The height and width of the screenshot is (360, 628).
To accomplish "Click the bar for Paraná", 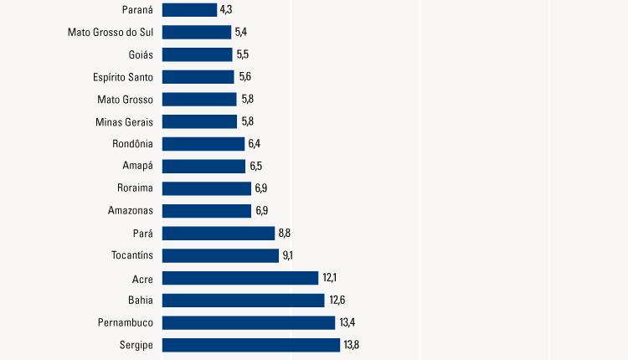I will pyautogui.click(x=189, y=10).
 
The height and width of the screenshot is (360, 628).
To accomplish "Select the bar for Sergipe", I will pyautogui.click(x=251, y=345).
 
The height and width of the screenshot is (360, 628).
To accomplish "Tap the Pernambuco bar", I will pyautogui.click(x=249, y=322).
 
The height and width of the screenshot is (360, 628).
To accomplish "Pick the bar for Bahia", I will pyautogui.click(x=243, y=300).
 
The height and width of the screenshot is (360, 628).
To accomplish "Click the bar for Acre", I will pyautogui.click(x=240, y=278).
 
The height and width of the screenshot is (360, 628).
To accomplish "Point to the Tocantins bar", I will pyautogui.click(x=220, y=255).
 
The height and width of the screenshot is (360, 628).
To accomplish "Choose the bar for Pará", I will pyautogui.click(x=219, y=233).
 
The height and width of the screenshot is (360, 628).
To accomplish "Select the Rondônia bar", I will pyautogui.click(x=203, y=144).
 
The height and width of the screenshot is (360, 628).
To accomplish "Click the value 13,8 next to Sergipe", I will pyautogui.click(x=352, y=345).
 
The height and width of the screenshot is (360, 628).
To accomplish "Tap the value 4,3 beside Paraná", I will pyautogui.click(x=225, y=10).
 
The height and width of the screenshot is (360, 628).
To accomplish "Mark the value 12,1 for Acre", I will pyautogui.click(x=329, y=278).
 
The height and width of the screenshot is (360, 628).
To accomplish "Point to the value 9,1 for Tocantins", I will pyautogui.click(x=290, y=255).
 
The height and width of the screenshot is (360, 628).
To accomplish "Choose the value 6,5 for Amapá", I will pyautogui.click(x=256, y=166).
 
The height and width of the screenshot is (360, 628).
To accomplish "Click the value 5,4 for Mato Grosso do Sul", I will pyautogui.click(x=241, y=33).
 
